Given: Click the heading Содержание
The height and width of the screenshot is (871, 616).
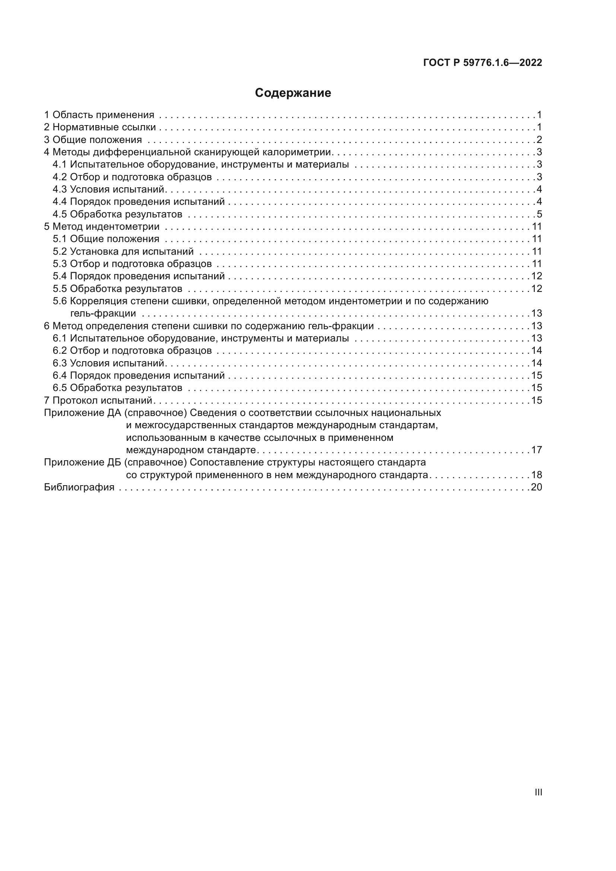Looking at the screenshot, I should click(x=293, y=93).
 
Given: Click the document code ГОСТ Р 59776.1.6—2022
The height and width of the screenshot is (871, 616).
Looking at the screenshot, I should click(x=482, y=63).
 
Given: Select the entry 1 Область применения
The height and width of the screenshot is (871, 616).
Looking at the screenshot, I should click(x=99, y=115).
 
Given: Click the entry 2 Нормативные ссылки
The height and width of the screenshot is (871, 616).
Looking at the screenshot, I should click(x=100, y=127).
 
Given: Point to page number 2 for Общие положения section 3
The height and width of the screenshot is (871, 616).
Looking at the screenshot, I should click(x=539, y=140).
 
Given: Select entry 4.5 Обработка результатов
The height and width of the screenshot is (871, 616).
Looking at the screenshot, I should click(x=118, y=214).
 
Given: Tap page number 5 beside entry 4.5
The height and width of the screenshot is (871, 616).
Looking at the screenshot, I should click(x=539, y=214).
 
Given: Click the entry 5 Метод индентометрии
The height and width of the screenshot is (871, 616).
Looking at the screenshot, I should click(x=102, y=227).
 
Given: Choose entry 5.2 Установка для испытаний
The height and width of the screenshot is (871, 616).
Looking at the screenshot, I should click(x=123, y=251).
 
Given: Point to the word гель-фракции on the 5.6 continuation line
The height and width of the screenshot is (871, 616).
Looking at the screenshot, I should click(x=103, y=314).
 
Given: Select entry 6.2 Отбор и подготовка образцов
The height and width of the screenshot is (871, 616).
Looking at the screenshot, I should click(x=132, y=350).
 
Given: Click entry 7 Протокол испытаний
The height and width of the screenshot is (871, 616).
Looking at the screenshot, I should click(x=98, y=401).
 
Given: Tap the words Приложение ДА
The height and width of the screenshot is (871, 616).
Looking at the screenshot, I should click(x=82, y=413).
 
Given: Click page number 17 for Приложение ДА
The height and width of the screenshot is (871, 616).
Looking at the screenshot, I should click(x=536, y=450).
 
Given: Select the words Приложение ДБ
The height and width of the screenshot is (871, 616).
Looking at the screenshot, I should click(x=82, y=462).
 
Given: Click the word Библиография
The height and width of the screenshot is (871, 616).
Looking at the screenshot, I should click(x=79, y=487).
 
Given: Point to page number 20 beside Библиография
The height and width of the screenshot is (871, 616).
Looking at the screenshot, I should click(x=536, y=487).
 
